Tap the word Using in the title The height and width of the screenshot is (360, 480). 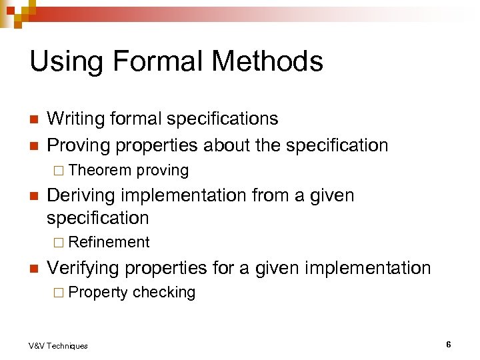point(64,61)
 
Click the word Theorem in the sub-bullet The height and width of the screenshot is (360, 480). point(100,171)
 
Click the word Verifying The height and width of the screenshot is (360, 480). point(83,268)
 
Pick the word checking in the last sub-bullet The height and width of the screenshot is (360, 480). point(164,293)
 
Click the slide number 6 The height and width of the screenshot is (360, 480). point(449,344)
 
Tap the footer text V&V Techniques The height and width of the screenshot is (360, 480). point(58,345)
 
